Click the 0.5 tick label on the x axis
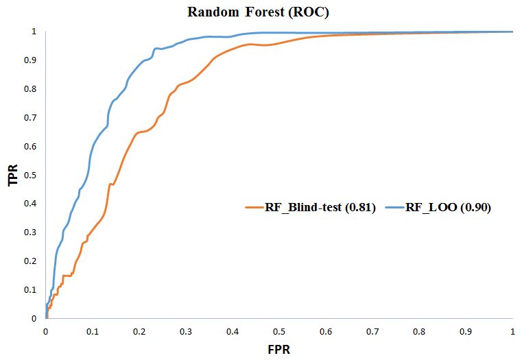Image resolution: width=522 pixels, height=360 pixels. (x=279, y=331)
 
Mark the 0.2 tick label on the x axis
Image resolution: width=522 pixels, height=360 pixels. (x=139, y=331)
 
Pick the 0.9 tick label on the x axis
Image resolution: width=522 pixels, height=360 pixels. (x=466, y=331)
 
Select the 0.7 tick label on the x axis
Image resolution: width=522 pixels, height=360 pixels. (x=373, y=331)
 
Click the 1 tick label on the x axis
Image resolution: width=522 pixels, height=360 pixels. (x=513, y=331)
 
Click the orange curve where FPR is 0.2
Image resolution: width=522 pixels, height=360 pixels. (x=139, y=132)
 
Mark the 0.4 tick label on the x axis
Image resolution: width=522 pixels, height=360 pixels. (x=233, y=331)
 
